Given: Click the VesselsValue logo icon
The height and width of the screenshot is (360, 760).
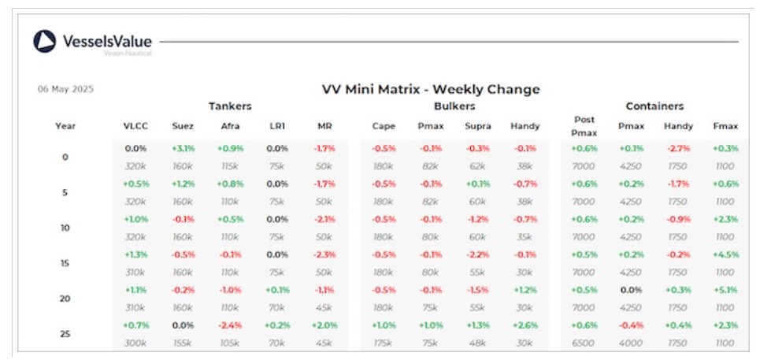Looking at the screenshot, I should click(44, 42).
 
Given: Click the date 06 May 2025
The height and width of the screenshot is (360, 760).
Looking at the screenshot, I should click(65, 89).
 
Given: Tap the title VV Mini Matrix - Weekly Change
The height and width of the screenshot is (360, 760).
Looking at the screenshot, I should click(431, 89).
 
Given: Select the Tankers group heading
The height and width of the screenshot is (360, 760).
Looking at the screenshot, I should click(230, 106).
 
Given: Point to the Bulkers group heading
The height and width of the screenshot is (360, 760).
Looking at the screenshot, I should click(454, 106).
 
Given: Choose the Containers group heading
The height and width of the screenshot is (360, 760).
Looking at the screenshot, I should click(654, 106).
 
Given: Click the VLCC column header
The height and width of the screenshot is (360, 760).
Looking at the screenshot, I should click(135, 126).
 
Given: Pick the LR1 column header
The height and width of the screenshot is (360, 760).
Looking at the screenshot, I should click(276, 126).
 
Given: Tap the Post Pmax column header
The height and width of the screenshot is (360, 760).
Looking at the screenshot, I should click(584, 125).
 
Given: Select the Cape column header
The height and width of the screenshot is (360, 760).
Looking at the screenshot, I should click(384, 126).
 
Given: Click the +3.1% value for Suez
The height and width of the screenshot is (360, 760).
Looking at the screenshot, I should click(183, 148).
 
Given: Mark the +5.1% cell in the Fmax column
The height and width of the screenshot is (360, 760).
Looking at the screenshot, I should click(725, 290).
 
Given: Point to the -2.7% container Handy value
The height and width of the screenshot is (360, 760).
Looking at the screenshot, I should click(678, 148).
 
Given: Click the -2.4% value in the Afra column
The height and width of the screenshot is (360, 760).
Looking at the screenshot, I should click(230, 325).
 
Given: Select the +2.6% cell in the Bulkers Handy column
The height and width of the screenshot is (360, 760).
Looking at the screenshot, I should click(525, 325).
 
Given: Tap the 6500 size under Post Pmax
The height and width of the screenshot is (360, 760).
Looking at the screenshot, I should click(584, 343).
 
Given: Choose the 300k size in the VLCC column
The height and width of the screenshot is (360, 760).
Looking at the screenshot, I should click(135, 343).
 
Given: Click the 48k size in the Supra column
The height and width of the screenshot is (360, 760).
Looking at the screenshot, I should click(477, 343).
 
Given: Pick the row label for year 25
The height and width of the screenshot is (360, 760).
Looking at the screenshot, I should click(65, 333).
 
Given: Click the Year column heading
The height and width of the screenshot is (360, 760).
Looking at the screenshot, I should click(65, 126).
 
